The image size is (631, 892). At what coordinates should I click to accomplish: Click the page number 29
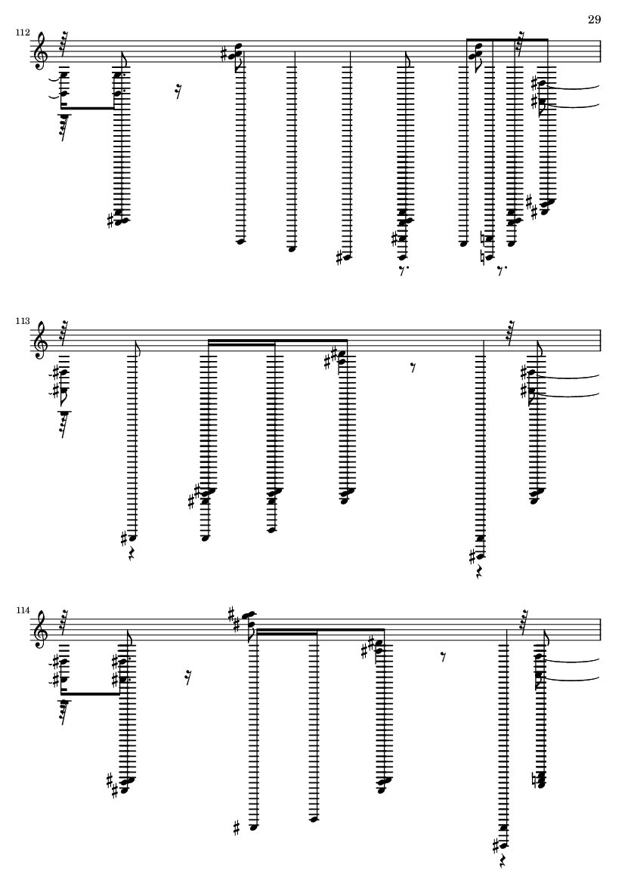pos(594,20)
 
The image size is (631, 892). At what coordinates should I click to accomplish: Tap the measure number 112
pos(23,33)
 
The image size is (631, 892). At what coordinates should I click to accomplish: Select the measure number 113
pos(23,322)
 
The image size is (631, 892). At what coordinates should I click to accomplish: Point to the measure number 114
pos(23,610)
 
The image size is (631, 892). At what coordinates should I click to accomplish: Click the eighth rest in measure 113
pos(413,369)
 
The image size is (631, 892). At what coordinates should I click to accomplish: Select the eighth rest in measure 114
pos(444,658)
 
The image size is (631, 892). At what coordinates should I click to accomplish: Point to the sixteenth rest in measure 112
pos(179,93)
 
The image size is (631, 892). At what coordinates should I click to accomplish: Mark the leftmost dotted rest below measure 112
pos(404,270)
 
